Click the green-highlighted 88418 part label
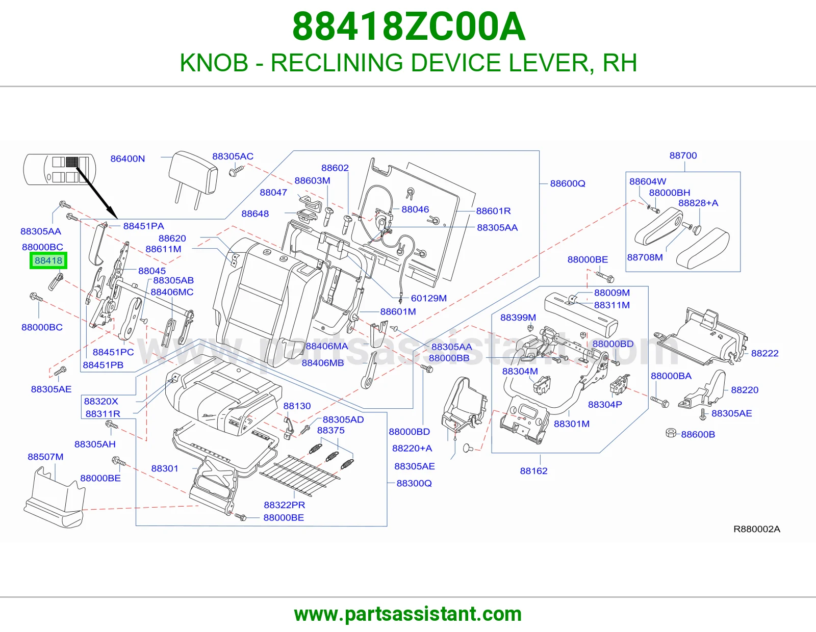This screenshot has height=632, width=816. tap(48, 260)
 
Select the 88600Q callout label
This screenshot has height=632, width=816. tap(568, 183)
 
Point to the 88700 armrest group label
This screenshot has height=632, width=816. tap(683, 155)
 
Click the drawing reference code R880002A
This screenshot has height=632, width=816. tap(757, 529)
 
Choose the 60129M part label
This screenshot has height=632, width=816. tap(428, 298)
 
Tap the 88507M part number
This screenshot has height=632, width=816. tap(45, 457)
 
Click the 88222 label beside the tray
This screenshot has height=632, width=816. tap(764, 353)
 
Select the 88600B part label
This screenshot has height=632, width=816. tap(698, 434)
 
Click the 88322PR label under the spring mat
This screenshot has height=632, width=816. tap(284, 505)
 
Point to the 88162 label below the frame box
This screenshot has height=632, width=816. tap(533, 470)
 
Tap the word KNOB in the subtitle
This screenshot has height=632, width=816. tap(214, 63)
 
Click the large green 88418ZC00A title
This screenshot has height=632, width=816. tap(409, 27)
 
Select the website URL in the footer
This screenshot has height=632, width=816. tap(408, 614)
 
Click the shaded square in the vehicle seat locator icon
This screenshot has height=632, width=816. tap(71, 162)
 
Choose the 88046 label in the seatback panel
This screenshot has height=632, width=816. tap(415, 209)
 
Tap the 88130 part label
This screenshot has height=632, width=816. tap(297, 406)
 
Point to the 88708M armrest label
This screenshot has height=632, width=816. tap(645, 257)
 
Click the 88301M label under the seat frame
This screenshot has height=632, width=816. tap(572, 424)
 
